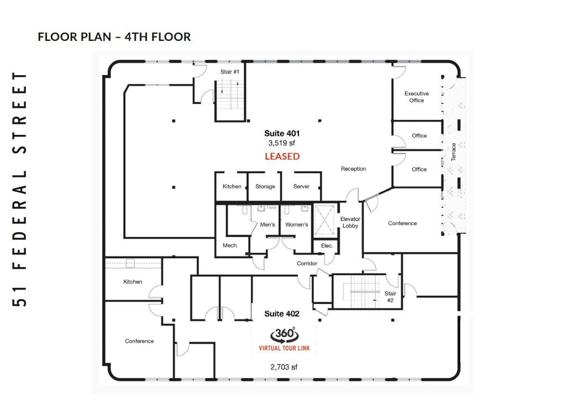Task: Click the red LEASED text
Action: coord(282,156)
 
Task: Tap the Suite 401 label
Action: coord(282,133)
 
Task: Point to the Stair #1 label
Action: coord(229,72)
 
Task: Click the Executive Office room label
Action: coord(417,97)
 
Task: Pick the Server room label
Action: coord(301,186)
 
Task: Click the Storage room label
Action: coord(265,186)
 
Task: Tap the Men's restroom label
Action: coord(267,224)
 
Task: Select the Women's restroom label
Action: coord(297,224)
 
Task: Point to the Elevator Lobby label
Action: coord(350,222)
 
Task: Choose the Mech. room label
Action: coord(230,245)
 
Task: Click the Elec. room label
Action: coord(327,245)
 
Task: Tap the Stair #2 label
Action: coord(390,297)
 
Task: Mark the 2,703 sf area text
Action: coord(284,367)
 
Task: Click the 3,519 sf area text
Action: coord(282,143)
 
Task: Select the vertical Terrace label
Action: coord(453,152)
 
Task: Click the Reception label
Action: coord(353,169)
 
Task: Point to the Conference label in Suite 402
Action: coord(139,341)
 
